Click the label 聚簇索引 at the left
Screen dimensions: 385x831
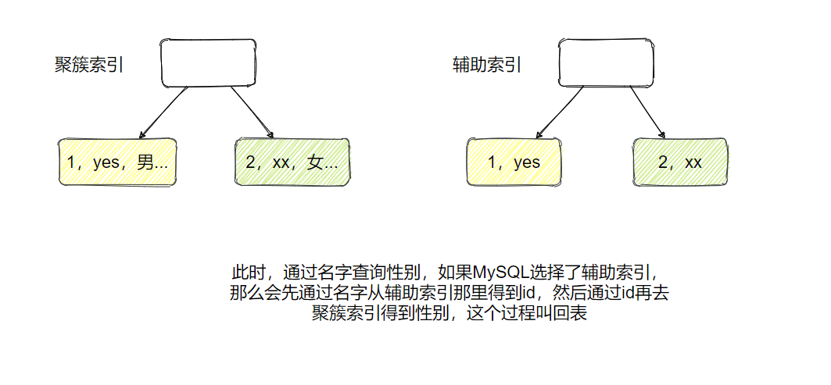coord(88,66)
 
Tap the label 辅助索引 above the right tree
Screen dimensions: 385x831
coord(487,66)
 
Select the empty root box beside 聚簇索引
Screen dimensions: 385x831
coord(208,62)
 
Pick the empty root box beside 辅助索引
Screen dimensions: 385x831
coord(607,62)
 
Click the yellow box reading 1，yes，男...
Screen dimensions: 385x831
coord(117,162)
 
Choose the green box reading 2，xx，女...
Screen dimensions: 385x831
coord(292,162)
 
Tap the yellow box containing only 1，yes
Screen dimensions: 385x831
coord(514,162)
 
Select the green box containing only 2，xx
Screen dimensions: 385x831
coord(680,162)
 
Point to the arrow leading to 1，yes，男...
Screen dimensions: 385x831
coord(162,112)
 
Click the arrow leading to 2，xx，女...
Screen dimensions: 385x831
coord(253,112)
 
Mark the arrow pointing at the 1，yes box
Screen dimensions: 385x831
coord(559,112)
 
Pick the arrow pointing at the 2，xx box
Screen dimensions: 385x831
coord(647,112)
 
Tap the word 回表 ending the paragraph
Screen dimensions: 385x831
coord(571,315)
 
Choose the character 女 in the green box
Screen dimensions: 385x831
coord(314,162)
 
